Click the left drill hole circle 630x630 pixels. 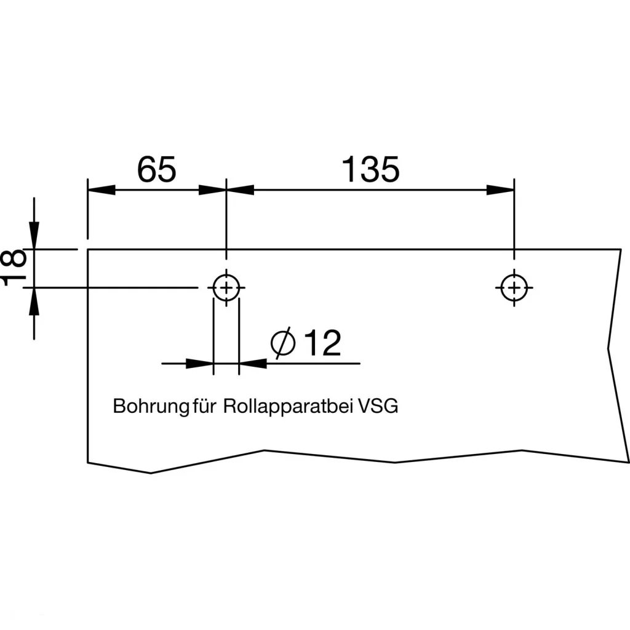pos(226,287)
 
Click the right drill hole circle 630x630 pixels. pos(514,287)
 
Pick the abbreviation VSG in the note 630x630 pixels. pos(378,407)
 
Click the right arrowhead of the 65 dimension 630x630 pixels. pos(213,189)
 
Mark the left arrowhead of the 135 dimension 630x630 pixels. pos(241,189)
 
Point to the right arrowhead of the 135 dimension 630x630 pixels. pos(500,189)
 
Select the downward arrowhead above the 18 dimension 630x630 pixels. pos(34,237)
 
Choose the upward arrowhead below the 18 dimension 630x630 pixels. pos(34,301)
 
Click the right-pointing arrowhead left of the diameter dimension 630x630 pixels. pos(200,364)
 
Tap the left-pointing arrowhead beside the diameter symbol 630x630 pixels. pos(252,364)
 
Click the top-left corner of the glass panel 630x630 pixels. pos(87,249)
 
